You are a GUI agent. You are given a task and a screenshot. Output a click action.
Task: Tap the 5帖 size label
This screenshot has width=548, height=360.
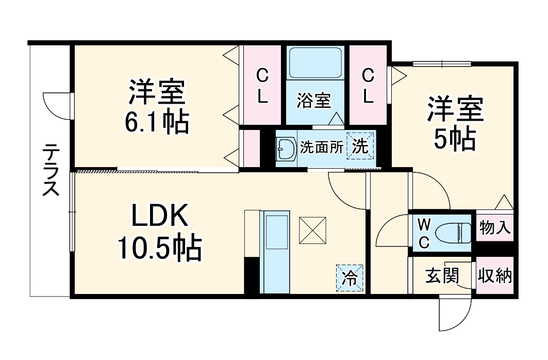click(454, 139)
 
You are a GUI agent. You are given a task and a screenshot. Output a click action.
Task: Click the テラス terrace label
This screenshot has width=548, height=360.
click(51, 170)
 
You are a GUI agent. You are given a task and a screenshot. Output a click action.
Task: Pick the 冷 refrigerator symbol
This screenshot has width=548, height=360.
click(350, 279)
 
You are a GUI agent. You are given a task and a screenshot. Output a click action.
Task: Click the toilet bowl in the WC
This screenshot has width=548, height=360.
click(453, 233)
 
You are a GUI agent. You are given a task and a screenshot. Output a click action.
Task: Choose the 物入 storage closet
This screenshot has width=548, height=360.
click(495, 227)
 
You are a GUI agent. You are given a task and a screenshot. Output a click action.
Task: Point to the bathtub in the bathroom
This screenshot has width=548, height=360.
click(314, 63)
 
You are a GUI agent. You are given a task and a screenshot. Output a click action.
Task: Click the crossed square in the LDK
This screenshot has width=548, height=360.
click(313, 230)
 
